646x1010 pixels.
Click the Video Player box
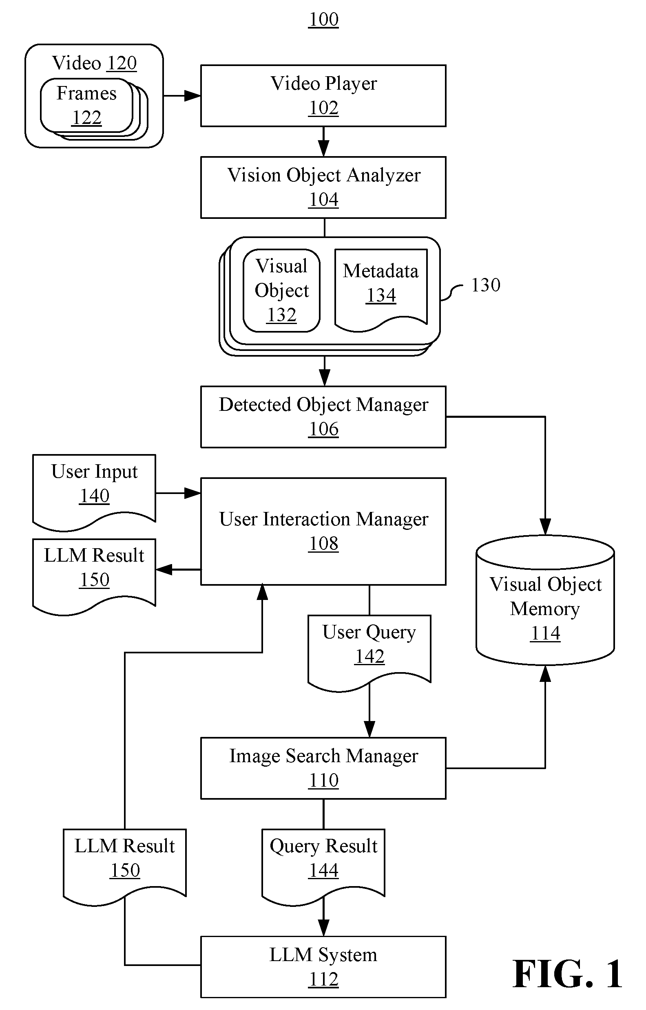(323, 96)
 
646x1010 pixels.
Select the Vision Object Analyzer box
(323, 187)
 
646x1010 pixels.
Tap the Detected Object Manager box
(323, 417)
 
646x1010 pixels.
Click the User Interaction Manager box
(323, 531)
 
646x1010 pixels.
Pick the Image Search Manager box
(323, 768)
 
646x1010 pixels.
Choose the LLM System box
(323, 967)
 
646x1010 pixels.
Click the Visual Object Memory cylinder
(545, 600)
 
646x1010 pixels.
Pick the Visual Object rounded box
(282, 291)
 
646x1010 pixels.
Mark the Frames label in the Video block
(86, 93)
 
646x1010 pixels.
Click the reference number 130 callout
(486, 285)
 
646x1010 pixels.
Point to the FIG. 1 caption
(567, 974)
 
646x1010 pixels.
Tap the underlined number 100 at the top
(324, 19)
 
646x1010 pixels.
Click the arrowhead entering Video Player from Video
(192, 96)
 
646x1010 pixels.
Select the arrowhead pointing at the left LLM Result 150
(164, 569)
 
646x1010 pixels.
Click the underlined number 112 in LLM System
(324, 979)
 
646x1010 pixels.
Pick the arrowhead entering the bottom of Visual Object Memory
(545, 673)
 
